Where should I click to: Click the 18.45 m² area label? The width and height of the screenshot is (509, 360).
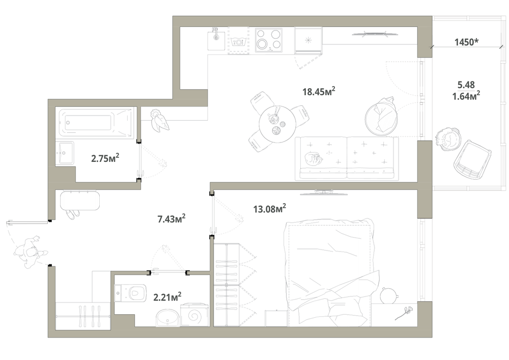coord(319,91)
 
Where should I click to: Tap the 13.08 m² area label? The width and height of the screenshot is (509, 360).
coord(269,208)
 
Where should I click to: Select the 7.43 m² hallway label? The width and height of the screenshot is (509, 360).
coord(172,219)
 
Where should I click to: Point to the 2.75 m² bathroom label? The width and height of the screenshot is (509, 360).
coord(105,158)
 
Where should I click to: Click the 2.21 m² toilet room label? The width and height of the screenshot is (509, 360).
coord(167,297)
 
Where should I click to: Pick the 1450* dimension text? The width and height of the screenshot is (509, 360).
coord(466,42)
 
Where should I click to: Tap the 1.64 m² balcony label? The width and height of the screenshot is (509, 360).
coord(466,96)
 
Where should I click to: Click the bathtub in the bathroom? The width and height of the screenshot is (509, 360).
coord(96,122)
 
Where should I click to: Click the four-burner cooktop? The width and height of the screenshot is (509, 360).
coord(268,40)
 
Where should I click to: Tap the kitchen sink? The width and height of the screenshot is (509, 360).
coord(216,39)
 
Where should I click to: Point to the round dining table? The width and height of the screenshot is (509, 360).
coord(277,124)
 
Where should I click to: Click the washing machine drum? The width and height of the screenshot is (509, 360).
coord(194,314)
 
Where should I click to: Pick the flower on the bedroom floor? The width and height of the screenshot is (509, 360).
coord(404,313)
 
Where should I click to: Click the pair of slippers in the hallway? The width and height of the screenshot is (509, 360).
coord(73,214)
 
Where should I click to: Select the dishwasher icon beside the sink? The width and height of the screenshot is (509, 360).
coord(239,41)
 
